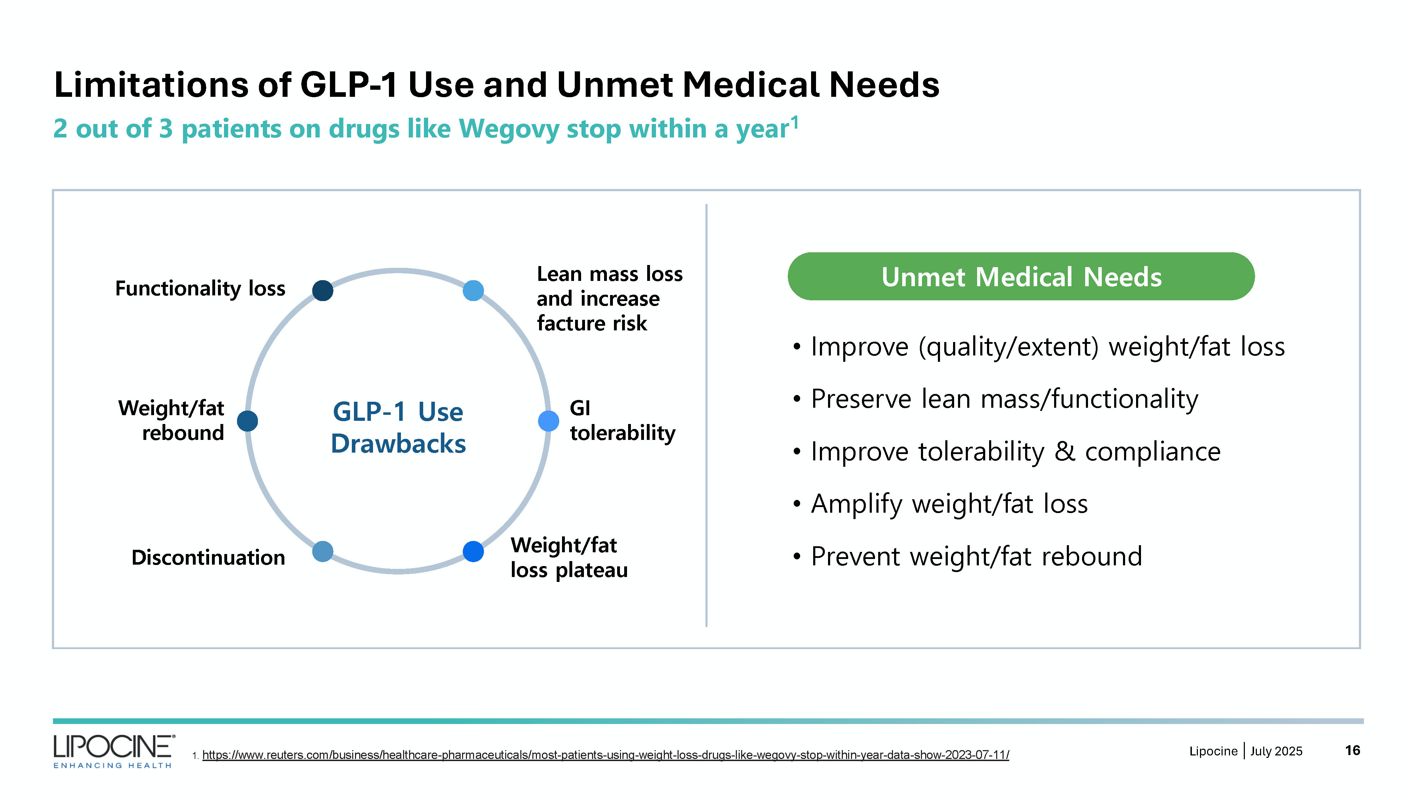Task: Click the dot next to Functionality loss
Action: [x=323, y=290]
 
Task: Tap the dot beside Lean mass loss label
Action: [x=473, y=290]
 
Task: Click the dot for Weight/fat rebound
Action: [x=247, y=421]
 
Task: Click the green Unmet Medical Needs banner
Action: [x=1021, y=277]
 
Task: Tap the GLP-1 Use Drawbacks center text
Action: [x=398, y=428]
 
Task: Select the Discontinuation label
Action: [x=208, y=558]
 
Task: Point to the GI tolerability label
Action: [x=622, y=421]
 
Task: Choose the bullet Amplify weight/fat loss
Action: [x=949, y=503]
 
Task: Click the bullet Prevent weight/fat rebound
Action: [x=976, y=556]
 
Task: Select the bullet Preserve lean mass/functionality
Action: [x=1004, y=399]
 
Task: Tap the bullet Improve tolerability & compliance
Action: [x=1015, y=452]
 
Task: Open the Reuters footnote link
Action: [x=605, y=755]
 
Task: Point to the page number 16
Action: [x=1352, y=750]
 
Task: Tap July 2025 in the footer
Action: [x=1276, y=751]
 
